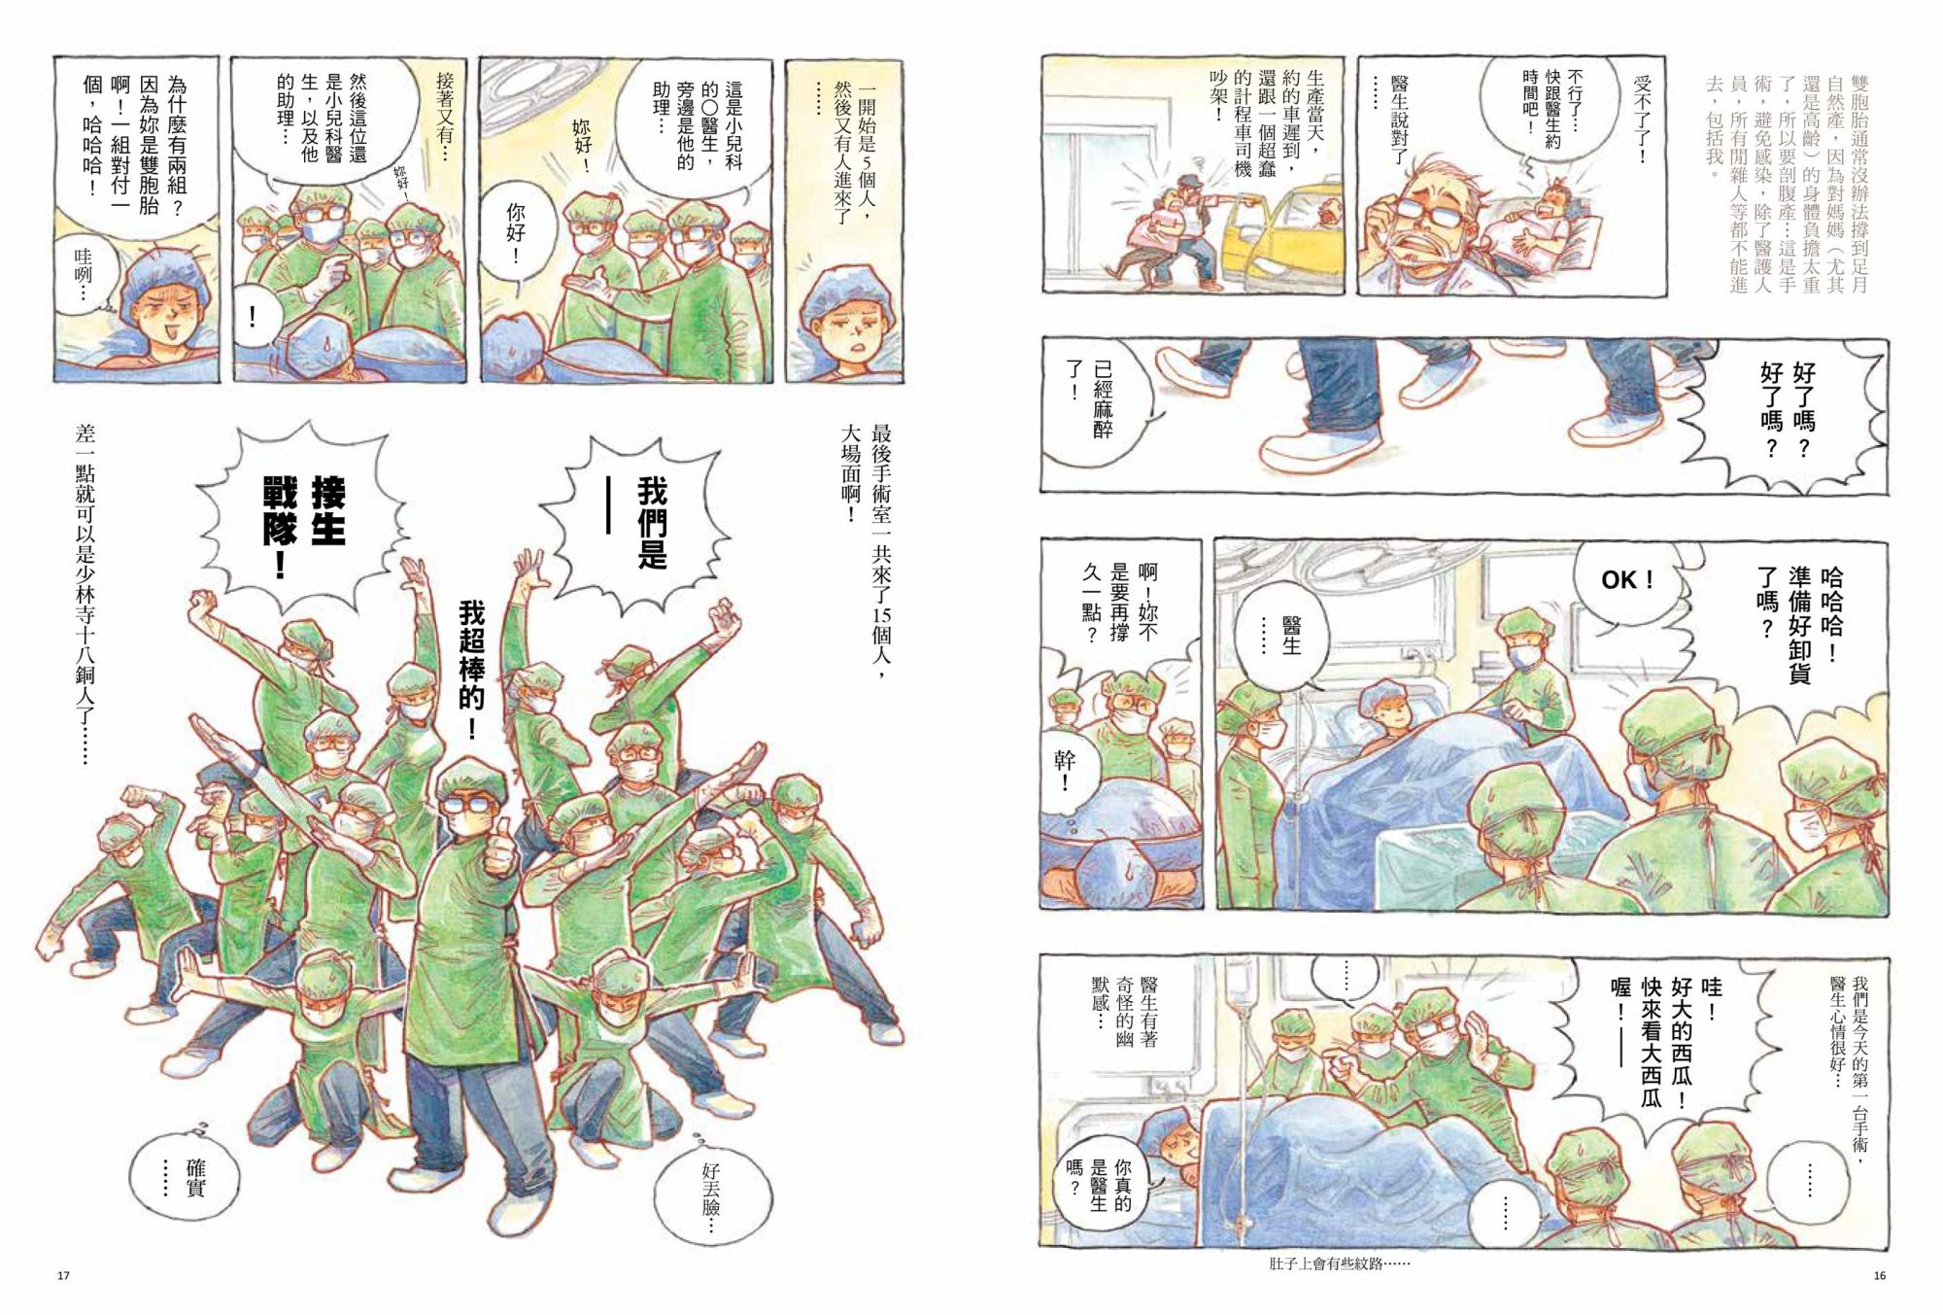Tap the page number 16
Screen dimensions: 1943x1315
click(1879, 1275)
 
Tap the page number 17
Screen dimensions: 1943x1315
click(64, 1275)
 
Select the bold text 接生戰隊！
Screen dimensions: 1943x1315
click(304, 526)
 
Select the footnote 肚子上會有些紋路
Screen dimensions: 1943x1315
click(1340, 1263)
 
